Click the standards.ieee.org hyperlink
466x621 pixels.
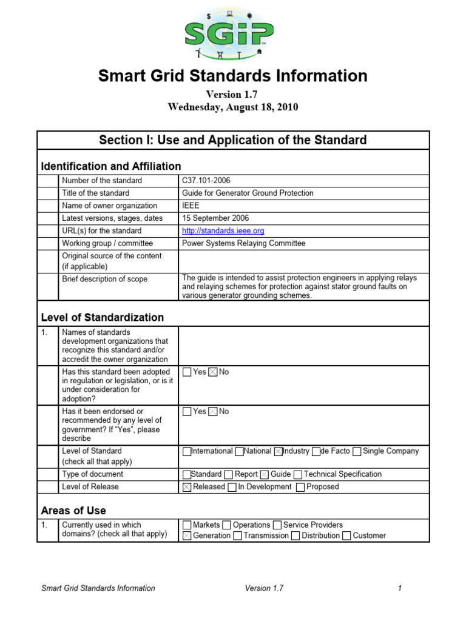223,231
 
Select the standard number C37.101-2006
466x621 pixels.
206,181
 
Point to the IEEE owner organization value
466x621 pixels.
191,206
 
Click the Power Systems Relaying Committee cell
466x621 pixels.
243,244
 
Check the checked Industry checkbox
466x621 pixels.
279,452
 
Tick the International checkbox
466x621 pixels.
187,452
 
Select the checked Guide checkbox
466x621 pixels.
265,475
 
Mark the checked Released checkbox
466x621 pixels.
187,487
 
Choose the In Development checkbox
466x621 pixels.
232,487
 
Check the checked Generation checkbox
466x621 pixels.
187,536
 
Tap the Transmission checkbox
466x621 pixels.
238,536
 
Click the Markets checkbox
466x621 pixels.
187,525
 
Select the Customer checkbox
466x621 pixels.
346,536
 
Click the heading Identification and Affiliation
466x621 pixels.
110,166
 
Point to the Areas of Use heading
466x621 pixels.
73,510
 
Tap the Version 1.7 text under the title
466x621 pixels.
232,95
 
